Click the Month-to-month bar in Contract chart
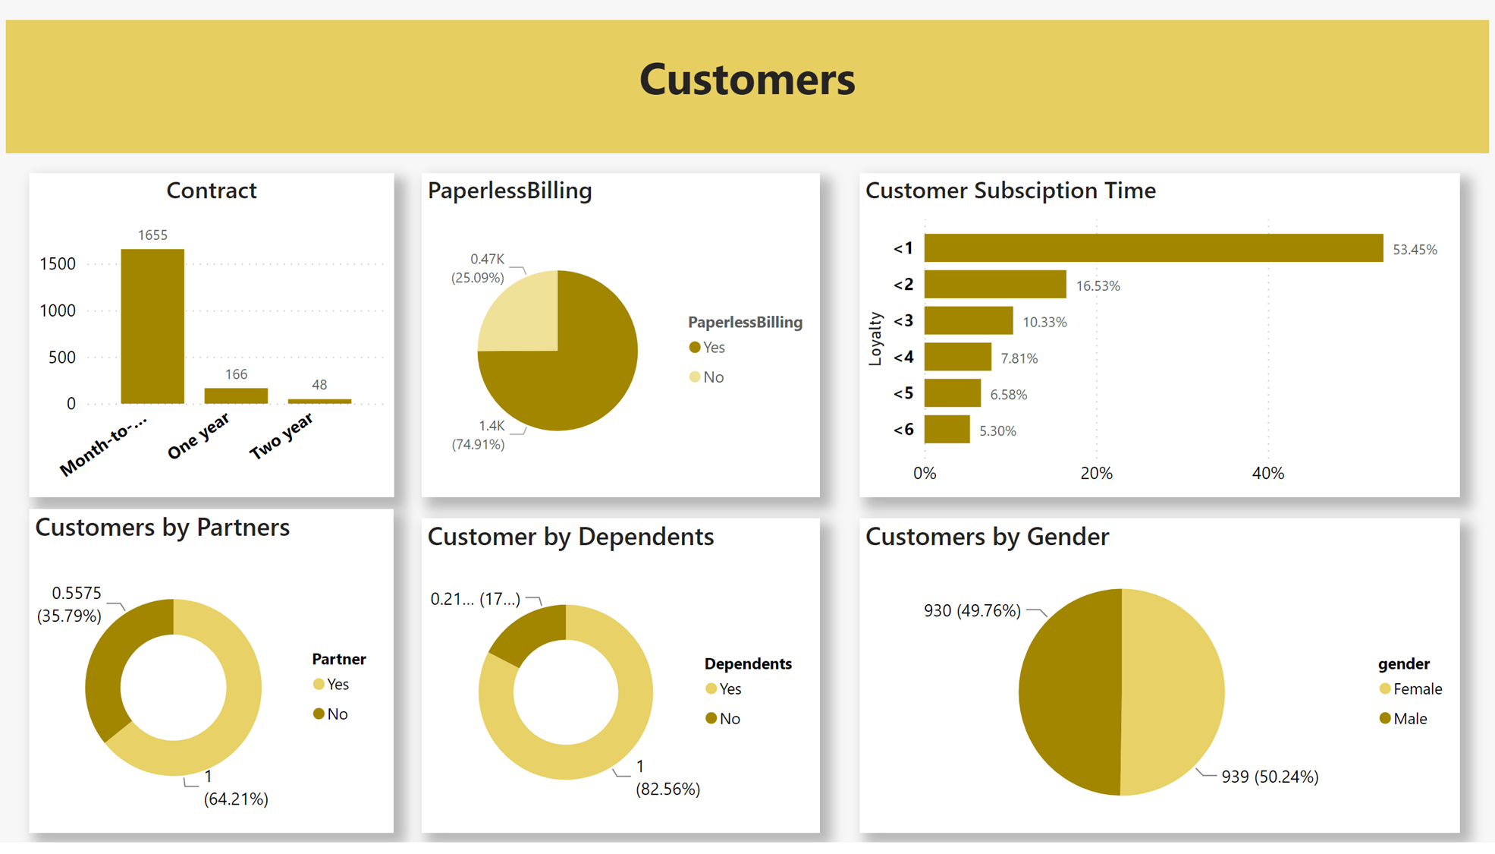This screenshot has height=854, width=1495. (152, 326)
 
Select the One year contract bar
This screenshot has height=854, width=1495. (236, 395)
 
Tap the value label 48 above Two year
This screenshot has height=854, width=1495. (319, 385)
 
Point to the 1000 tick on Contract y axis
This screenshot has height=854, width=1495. (58, 310)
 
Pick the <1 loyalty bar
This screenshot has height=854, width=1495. (1153, 248)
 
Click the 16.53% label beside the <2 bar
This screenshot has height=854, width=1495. (1098, 286)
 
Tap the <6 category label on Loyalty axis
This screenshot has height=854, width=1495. (903, 430)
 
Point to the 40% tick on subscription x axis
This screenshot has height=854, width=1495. (1267, 474)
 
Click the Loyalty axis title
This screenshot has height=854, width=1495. (875, 339)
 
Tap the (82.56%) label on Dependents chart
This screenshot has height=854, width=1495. (667, 789)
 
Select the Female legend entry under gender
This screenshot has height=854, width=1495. (1410, 689)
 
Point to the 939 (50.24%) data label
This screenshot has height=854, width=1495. (1270, 777)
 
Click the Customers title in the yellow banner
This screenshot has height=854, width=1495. (747, 80)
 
